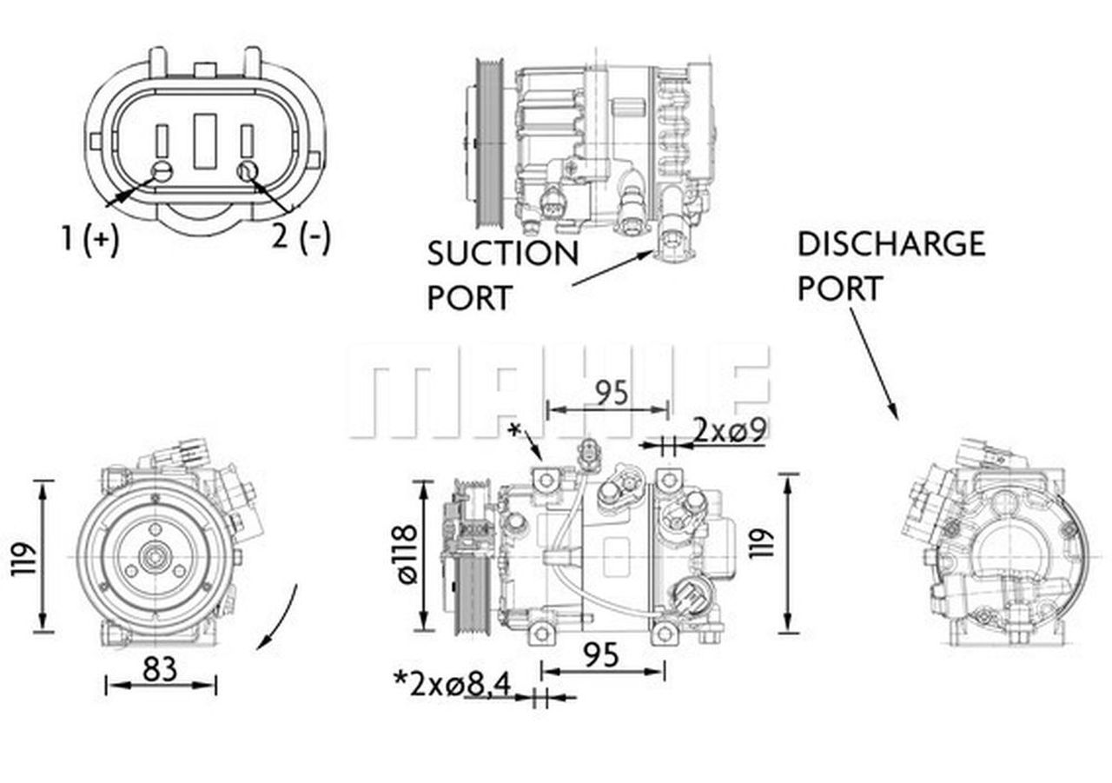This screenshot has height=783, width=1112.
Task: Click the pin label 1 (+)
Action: click(89, 238)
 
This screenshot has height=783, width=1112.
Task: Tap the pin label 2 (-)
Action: click(301, 236)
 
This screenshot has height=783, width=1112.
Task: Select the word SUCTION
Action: click(502, 254)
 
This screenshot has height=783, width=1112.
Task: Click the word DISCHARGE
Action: click(890, 244)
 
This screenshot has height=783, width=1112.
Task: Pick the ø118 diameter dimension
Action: click(406, 554)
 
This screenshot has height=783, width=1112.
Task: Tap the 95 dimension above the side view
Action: click(611, 393)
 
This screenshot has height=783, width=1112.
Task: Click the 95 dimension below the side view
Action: click(602, 654)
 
